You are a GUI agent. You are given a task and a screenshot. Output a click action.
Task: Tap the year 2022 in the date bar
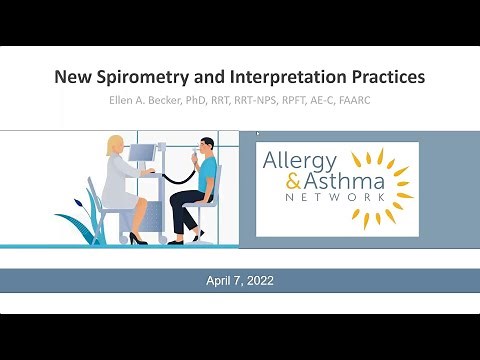pos(257,281)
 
